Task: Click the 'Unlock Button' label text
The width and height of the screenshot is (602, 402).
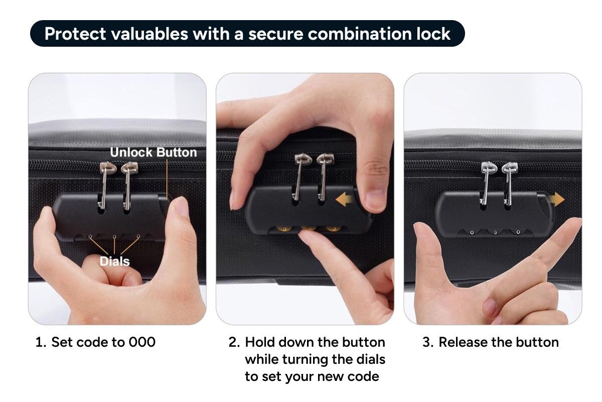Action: click(x=154, y=152)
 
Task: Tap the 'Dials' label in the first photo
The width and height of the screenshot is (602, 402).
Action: click(x=115, y=261)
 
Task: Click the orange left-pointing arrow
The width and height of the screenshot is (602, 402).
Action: click(x=345, y=200)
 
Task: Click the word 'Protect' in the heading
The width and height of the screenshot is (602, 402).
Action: click(x=75, y=34)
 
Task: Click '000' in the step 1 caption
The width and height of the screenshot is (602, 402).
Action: click(x=142, y=342)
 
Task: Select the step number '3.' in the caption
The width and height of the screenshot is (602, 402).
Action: click(x=428, y=342)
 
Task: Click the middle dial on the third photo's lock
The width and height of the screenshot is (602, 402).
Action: click(x=495, y=232)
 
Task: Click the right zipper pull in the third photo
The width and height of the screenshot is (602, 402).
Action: click(x=509, y=182)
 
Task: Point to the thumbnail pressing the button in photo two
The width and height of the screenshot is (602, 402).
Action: click(x=375, y=200)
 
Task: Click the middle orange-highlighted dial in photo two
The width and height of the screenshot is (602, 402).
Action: click(x=309, y=228)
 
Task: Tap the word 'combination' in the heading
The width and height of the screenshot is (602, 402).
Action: click(x=359, y=34)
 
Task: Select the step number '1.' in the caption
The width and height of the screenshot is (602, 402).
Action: click(x=41, y=342)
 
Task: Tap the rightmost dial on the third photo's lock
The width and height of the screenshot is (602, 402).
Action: click(x=518, y=232)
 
